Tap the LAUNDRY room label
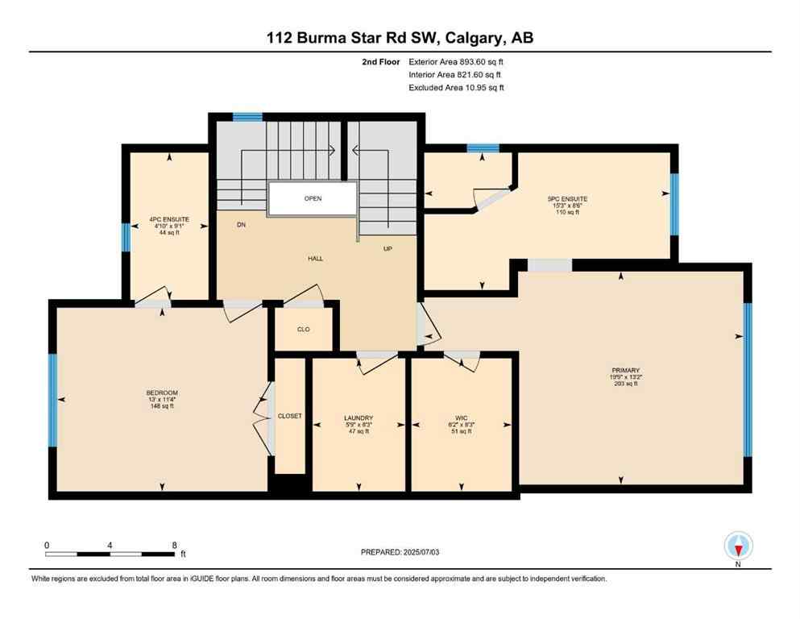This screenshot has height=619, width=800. coord(359,418)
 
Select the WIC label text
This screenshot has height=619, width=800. coord(461,418)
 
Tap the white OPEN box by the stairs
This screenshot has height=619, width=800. coord(313,198)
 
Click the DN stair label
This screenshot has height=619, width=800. coord(241,225)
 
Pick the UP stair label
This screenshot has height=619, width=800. coord(388,248)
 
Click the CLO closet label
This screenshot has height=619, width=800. coord(303,329)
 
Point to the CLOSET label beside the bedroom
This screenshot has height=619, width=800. coord(289,416)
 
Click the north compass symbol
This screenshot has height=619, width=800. coord(738,546)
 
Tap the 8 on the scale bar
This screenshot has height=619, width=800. coord(174,545)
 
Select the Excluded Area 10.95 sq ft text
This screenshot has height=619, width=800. coord(456,88)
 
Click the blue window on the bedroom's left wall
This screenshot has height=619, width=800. coord(53,400)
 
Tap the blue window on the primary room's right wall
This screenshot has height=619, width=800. coord(747,379)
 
